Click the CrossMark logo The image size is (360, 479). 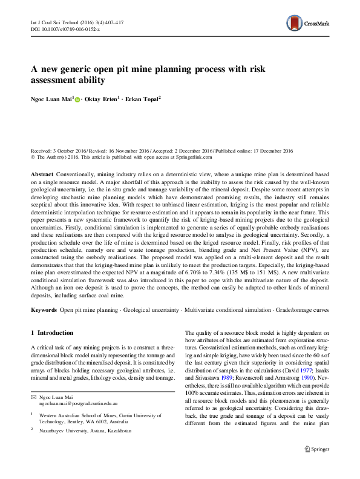pos(308,25)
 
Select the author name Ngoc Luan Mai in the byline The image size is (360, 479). pos(52,98)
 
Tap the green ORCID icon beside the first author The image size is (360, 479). pos(78,98)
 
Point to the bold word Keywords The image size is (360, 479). pos(44,310)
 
